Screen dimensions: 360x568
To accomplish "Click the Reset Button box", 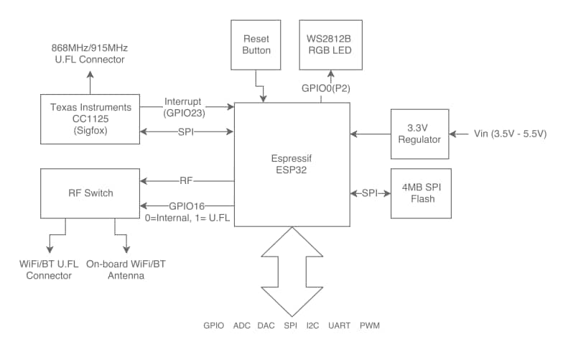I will (256, 45).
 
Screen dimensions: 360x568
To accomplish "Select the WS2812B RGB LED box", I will (329, 45).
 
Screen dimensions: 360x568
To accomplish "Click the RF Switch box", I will (90, 193).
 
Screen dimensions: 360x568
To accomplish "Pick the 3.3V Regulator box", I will (419, 134).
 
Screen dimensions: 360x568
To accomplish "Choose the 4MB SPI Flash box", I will (419, 193).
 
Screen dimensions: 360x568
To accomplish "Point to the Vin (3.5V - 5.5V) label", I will (510, 134).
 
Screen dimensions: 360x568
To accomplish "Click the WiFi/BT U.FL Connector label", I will (50, 269).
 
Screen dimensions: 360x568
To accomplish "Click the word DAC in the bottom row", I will (266, 326).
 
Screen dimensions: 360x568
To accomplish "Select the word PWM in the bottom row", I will (369, 326).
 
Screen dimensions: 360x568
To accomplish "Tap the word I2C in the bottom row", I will (312, 326).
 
